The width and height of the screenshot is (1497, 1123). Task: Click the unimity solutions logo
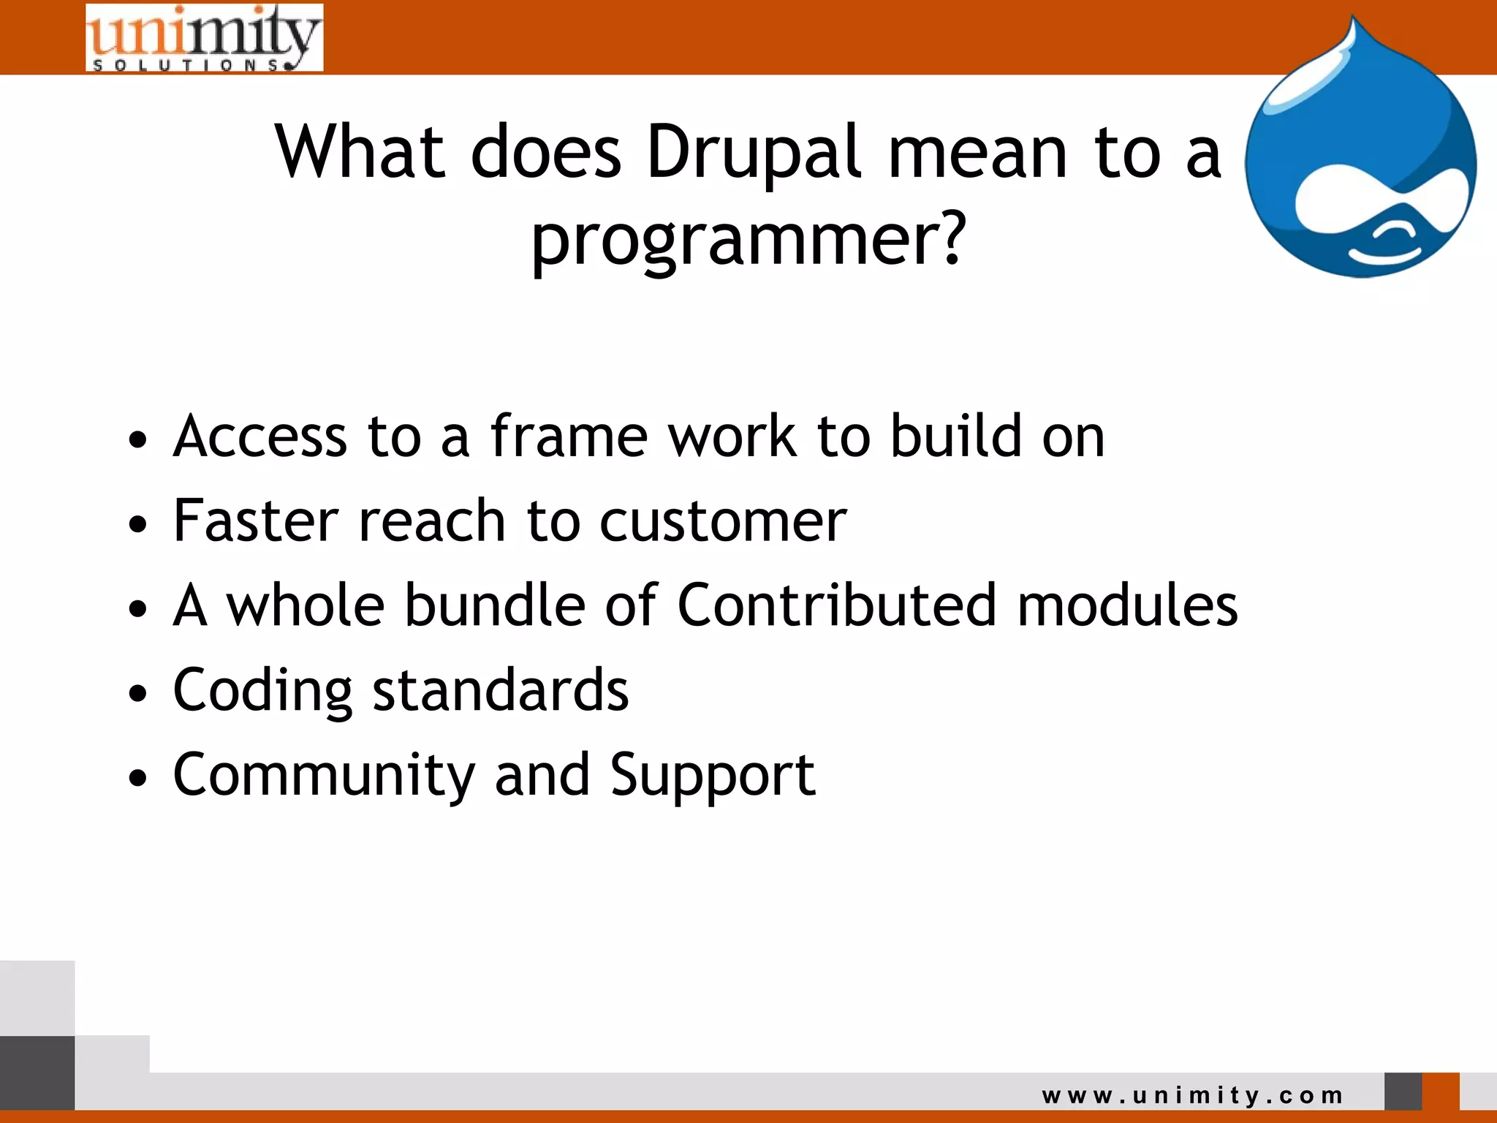204,38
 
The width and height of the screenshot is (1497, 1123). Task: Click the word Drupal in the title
754,152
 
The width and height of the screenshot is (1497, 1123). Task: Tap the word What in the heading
360,152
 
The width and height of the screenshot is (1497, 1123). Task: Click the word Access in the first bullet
259,436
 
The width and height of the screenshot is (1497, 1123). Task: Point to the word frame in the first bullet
569,436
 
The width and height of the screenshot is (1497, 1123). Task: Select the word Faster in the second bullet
256,521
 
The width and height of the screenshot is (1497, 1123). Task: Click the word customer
723,522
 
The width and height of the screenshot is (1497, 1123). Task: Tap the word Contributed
837,605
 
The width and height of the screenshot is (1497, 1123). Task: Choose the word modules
1127,605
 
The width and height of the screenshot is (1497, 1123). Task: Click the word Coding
262,691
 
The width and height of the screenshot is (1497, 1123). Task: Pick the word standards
501,689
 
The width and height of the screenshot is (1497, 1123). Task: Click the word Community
324,775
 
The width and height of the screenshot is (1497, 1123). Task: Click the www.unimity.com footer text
1192,1095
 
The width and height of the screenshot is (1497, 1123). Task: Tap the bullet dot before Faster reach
137,524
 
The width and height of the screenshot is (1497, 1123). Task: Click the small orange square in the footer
1440,1091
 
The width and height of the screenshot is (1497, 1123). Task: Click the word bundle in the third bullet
495,605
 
